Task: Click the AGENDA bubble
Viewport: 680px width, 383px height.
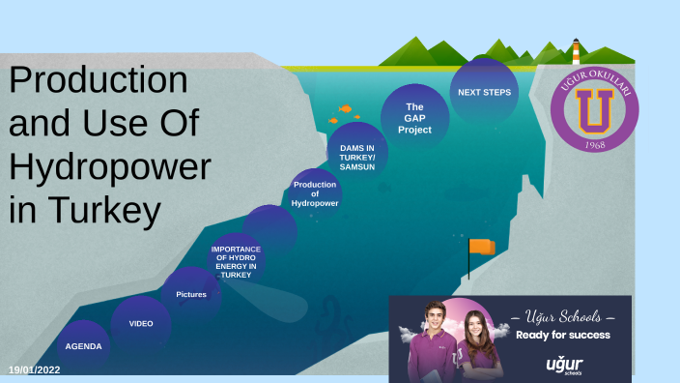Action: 83,345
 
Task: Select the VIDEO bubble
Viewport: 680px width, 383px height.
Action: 141,323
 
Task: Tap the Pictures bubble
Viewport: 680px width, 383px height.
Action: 191,293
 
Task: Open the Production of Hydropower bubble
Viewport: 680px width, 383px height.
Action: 315,193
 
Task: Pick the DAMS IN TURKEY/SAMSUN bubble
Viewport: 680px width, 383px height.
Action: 357,153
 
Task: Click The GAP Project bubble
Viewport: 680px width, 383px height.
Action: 414,118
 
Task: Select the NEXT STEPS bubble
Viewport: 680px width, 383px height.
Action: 483,92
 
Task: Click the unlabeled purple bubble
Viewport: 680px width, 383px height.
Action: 269,227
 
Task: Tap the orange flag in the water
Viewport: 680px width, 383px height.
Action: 481,247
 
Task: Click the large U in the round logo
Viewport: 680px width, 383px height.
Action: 595,107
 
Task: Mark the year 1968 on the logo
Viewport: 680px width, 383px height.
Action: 595,145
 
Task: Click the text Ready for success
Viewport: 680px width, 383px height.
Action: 563,335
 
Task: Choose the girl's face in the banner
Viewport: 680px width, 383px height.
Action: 475,327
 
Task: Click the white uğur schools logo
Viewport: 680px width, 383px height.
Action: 563,366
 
